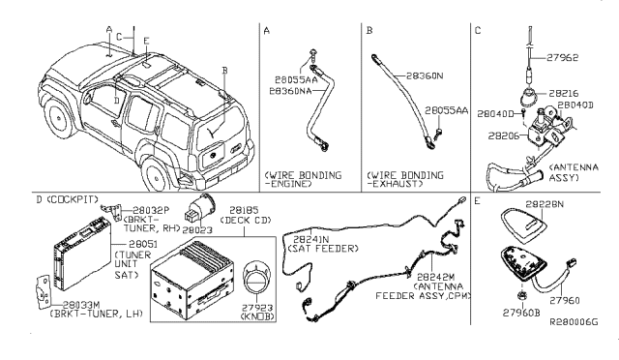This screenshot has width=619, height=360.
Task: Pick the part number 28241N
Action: click(x=323, y=239)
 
